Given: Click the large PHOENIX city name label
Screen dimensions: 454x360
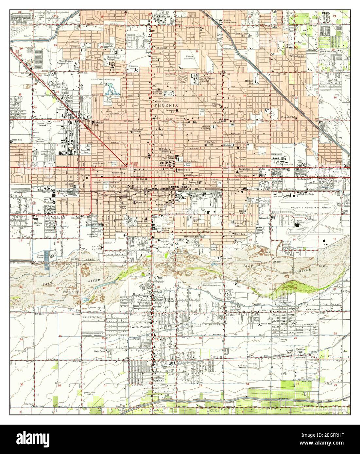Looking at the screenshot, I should (x=166, y=105).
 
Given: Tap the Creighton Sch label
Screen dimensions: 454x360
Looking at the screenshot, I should (x=289, y=117).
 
